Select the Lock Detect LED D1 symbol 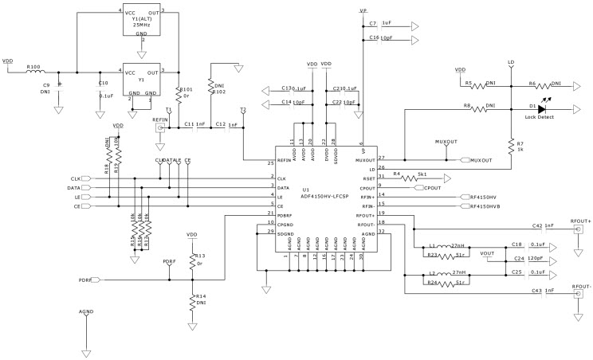click(541, 108)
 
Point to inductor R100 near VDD click(35, 72)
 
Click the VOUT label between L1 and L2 click(488, 252)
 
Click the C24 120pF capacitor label click(527, 259)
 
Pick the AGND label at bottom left click(87, 311)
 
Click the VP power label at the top click(363, 12)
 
